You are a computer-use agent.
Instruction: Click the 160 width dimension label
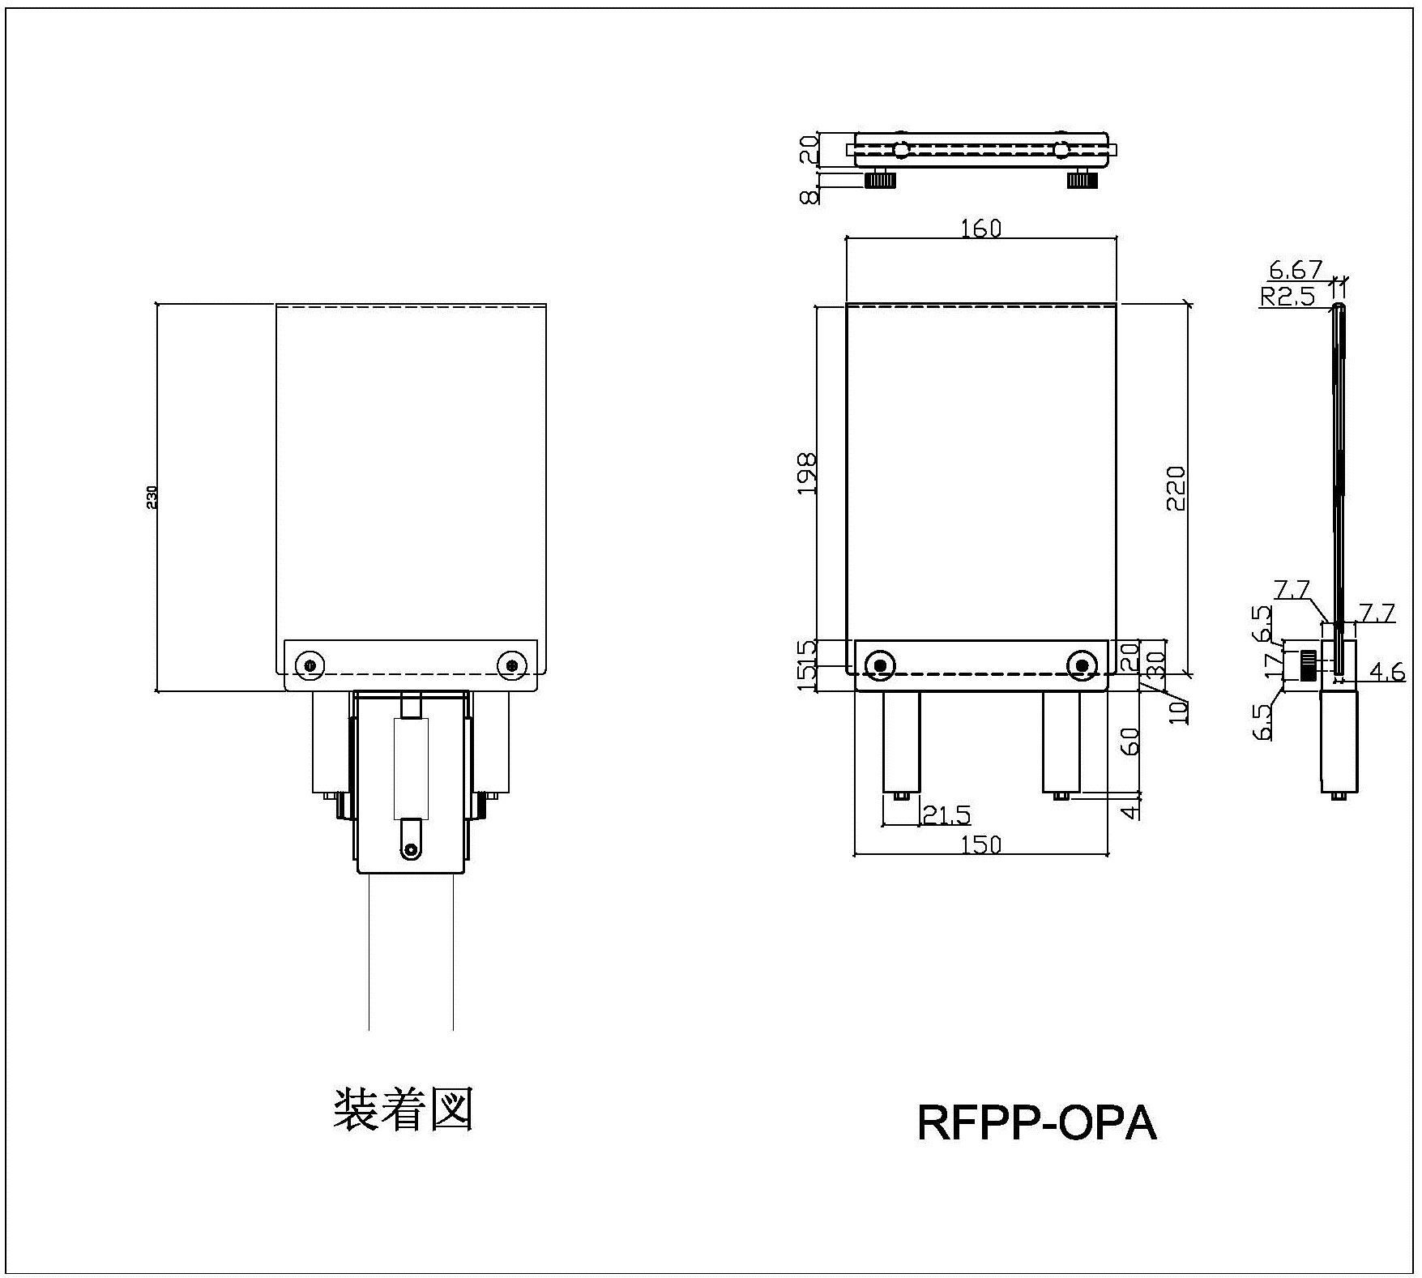pos(980,229)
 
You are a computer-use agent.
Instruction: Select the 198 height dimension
pos(807,474)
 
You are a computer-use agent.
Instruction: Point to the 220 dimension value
pos(1175,487)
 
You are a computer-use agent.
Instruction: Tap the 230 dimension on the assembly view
pos(152,497)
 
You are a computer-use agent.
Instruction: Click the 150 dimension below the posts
pos(981,844)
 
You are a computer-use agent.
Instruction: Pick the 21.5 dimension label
pos(946,814)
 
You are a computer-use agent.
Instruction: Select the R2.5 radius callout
pos(1287,297)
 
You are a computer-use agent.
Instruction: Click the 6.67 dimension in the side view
pos(1295,269)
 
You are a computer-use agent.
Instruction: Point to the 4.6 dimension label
pos(1386,672)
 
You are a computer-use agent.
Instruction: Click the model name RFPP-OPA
pos(1036,1123)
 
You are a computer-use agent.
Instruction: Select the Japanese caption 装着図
pos(403,1109)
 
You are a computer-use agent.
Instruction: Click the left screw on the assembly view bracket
pos(309,665)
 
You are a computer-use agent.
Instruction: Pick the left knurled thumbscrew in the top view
pos(880,180)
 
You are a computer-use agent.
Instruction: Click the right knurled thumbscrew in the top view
pos(1082,180)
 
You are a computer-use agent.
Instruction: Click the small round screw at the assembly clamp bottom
pos(412,849)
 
